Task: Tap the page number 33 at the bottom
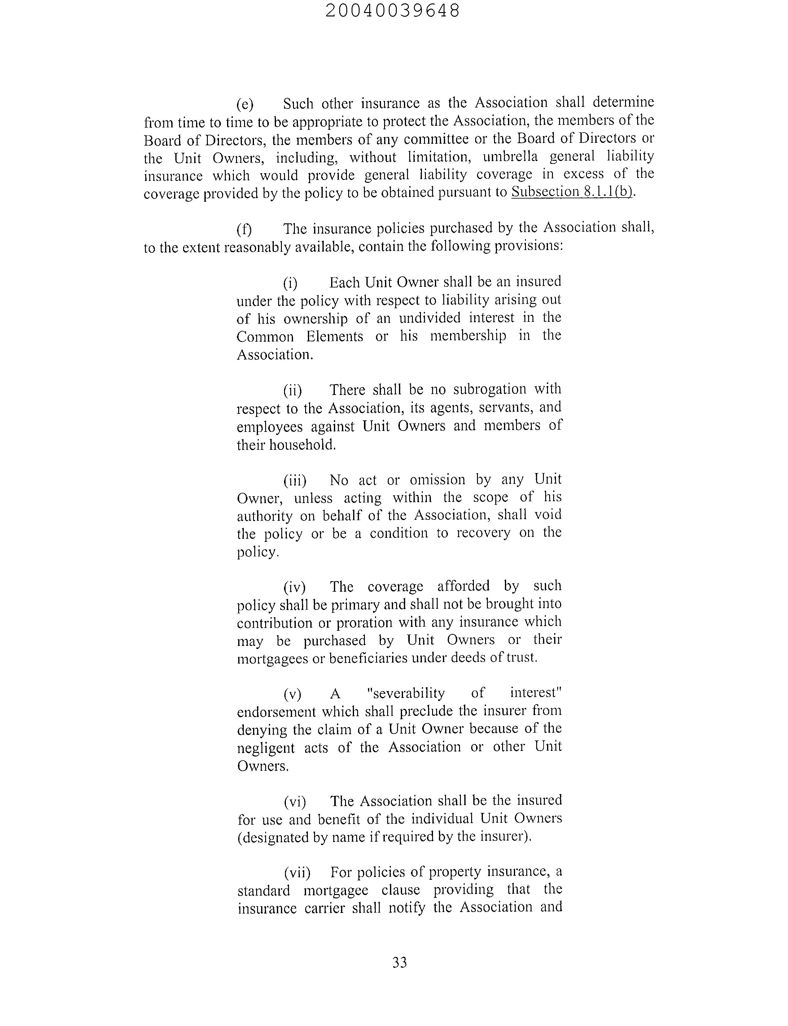point(399,962)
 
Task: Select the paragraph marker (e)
point(244,104)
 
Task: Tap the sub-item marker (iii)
point(295,480)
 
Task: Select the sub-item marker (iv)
point(294,587)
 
